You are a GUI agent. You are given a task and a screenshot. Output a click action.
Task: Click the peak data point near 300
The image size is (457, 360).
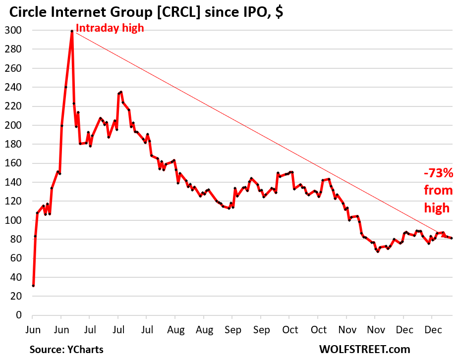pyautogui.click(x=72, y=31)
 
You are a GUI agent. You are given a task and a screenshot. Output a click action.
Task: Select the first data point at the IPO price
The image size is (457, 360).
pyautogui.click(x=33, y=286)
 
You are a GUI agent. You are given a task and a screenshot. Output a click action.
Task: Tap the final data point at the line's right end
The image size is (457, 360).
pyautogui.click(x=452, y=238)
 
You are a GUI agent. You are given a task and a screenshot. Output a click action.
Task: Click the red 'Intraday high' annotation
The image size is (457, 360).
pyautogui.click(x=110, y=28)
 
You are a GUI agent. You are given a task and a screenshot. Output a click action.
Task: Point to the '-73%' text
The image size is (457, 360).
pyautogui.click(x=438, y=173)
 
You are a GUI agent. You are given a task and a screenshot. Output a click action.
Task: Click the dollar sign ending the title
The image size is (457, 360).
pyautogui.click(x=280, y=11)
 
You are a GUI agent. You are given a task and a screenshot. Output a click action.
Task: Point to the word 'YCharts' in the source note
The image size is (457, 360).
pyautogui.click(x=84, y=350)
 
